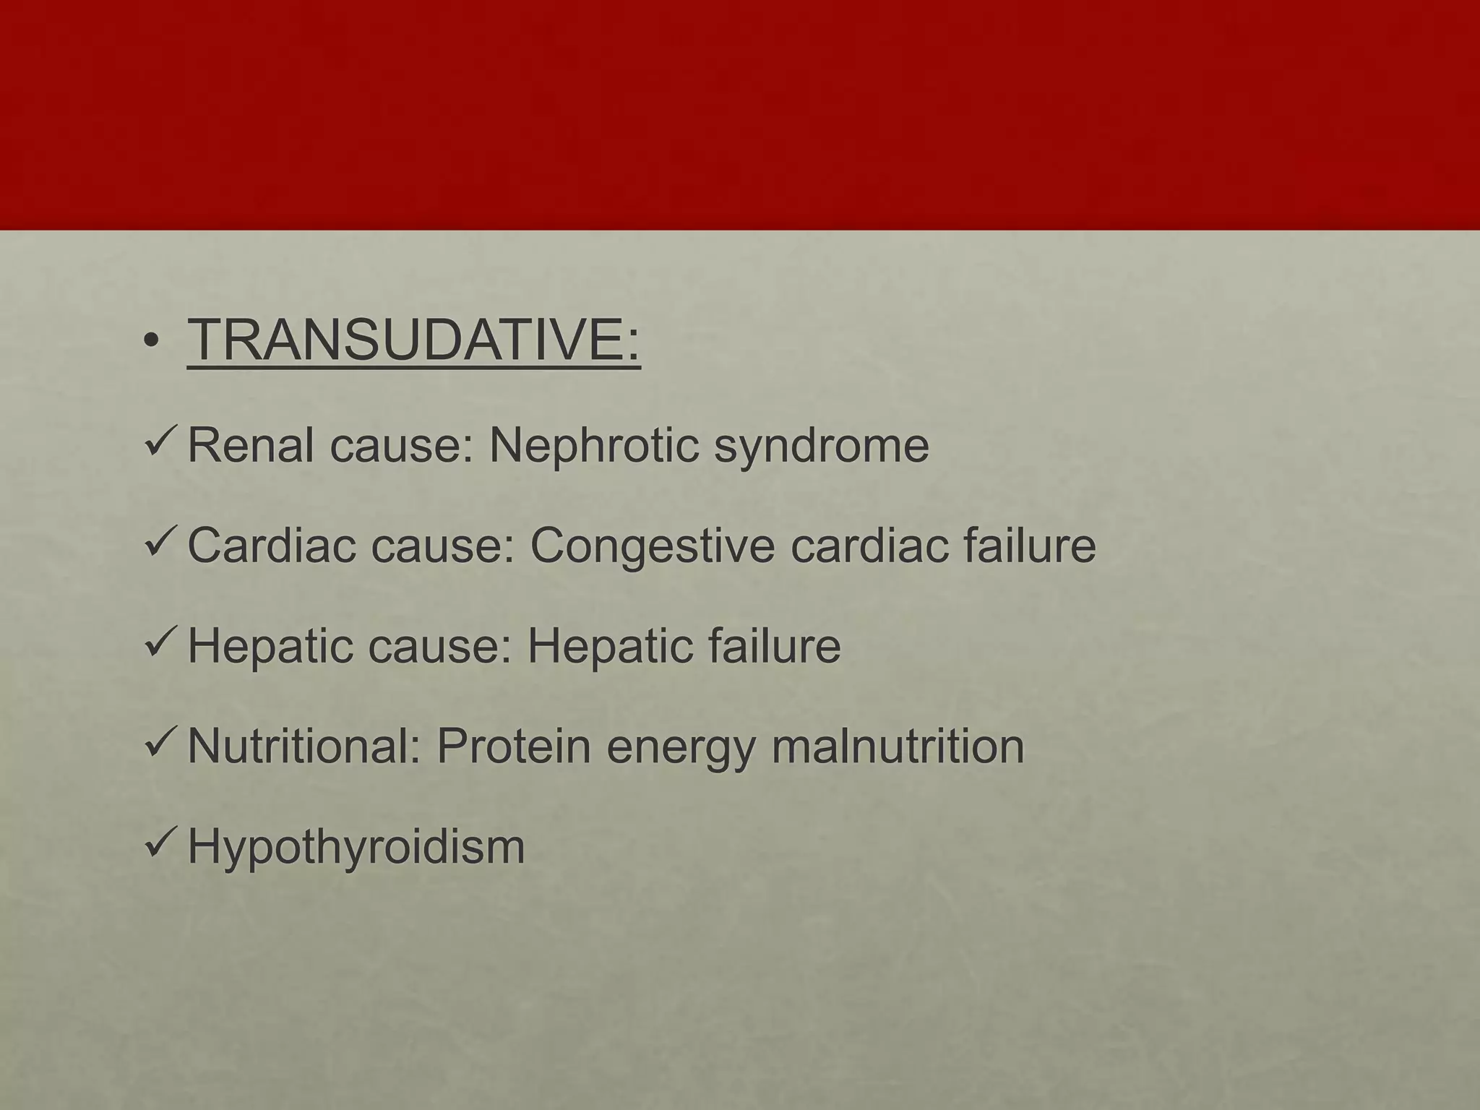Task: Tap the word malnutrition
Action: pyautogui.click(x=898, y=746)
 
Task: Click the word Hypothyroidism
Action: pyautogui.click(x=356, y=848)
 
